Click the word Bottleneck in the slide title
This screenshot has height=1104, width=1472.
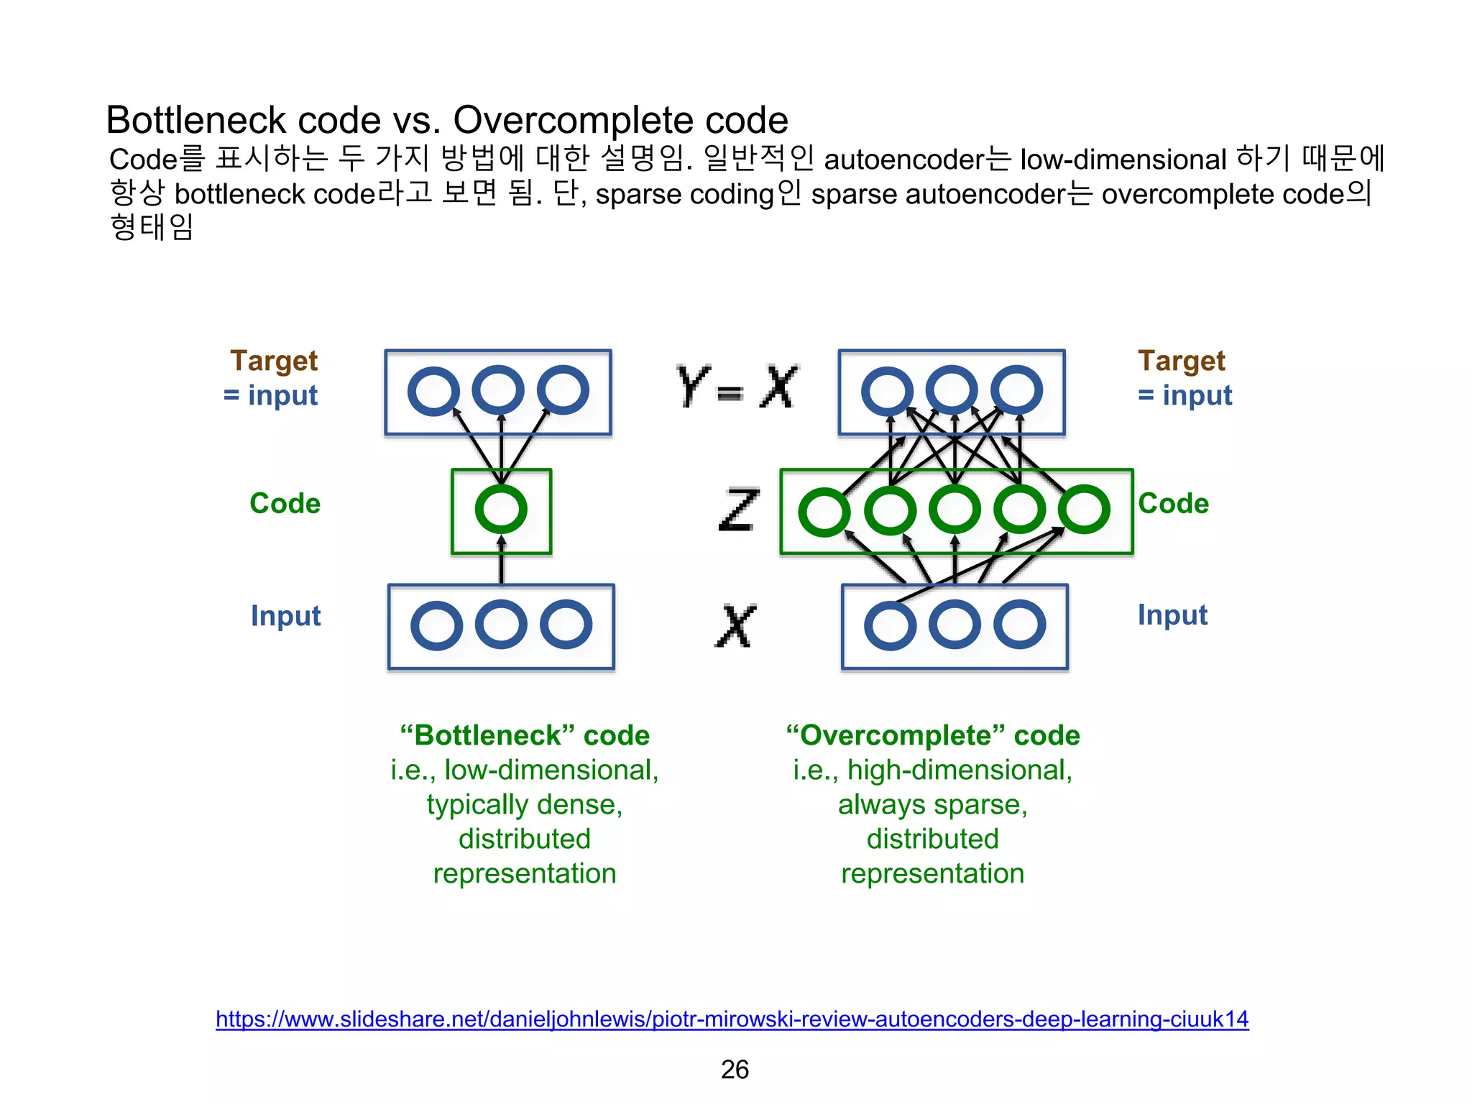click(196, 120)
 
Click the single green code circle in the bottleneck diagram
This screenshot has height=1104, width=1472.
click(501, 509)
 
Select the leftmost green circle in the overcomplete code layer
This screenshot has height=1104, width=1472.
click(824, 512)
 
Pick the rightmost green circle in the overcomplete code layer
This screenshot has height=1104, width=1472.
click(1084, 509)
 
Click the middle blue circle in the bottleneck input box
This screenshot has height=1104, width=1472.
click(501, 624)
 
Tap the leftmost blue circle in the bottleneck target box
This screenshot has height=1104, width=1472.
click(433, 390)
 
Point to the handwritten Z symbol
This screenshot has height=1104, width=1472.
click(738, 510)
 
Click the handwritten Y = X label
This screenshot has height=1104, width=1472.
click(737, 387)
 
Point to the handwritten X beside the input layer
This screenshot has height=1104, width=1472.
click(736, 625)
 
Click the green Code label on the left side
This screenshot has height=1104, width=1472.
click(285, 503)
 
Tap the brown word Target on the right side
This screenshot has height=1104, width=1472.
click(1181, 361)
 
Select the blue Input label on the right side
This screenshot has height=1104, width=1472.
click(1172, 615)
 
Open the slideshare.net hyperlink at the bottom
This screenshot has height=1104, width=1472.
click(732, 1018)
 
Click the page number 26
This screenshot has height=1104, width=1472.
click(735, 1069)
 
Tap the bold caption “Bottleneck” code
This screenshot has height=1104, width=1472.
click(524, 735)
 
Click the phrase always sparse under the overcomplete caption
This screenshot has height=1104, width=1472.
click(932, 804)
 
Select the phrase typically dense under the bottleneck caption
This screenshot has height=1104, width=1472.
click(524, 804)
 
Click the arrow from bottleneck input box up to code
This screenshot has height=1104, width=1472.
click(502, 564)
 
